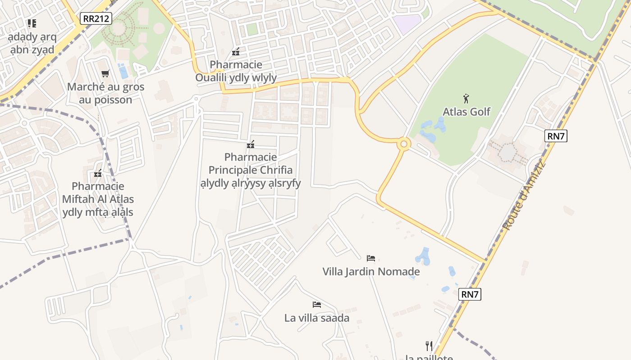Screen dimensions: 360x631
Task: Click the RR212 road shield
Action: click(x=96, y=18)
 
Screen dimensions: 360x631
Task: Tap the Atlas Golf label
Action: click(x=466, y=112)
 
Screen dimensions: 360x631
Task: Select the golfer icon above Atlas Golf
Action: click(x=466, y=98)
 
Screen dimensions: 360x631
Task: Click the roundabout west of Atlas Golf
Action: click(x=403, y=144)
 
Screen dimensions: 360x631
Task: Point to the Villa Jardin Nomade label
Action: click(x=371, y=272)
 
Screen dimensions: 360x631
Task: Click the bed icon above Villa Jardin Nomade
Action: click(x=371, y=258)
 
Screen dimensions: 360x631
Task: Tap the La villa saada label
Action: click(x=317, y=318)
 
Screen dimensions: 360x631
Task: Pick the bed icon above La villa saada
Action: click(x=317, y=305)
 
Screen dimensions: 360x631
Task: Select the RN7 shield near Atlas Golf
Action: click(x=555, y=136)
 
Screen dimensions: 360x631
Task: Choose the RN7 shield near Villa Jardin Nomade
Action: click(x=470, y=294)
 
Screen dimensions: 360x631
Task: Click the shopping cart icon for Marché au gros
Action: click(x=105, y=73)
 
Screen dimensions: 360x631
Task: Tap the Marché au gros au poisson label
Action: click(x=105, y=93)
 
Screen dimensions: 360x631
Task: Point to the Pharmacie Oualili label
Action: click(x=236, y=71)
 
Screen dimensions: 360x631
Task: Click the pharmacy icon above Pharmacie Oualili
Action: click(x=236, y=52)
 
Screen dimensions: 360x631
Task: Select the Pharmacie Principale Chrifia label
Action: click(x=251, y=170)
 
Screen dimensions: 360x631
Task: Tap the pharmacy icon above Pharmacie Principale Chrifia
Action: click(x=251, y=144)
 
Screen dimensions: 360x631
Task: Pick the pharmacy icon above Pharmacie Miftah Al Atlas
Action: click(x=98, y=173)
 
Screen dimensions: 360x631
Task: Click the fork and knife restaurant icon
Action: click(x=429, y=346)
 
